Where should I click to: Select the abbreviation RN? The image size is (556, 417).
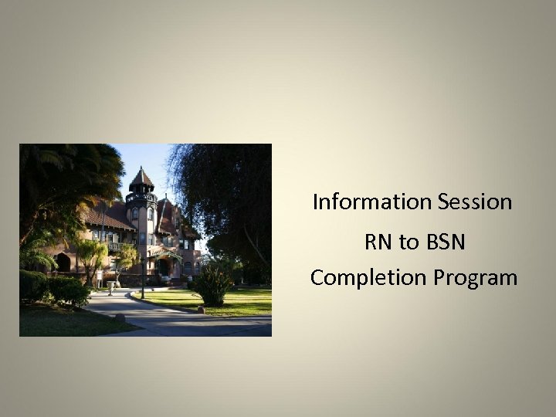pyautogui.click(x=378, y=242)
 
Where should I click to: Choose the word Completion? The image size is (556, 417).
pyautogui.click(x=363, y=277)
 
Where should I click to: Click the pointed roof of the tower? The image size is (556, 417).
pyautogui.click(x=141, y=178)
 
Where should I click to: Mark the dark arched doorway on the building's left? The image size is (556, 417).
pyautogui.click(x=63, y=263)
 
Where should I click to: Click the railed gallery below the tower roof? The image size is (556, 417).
pyautogui.click(x=141, y=198)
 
